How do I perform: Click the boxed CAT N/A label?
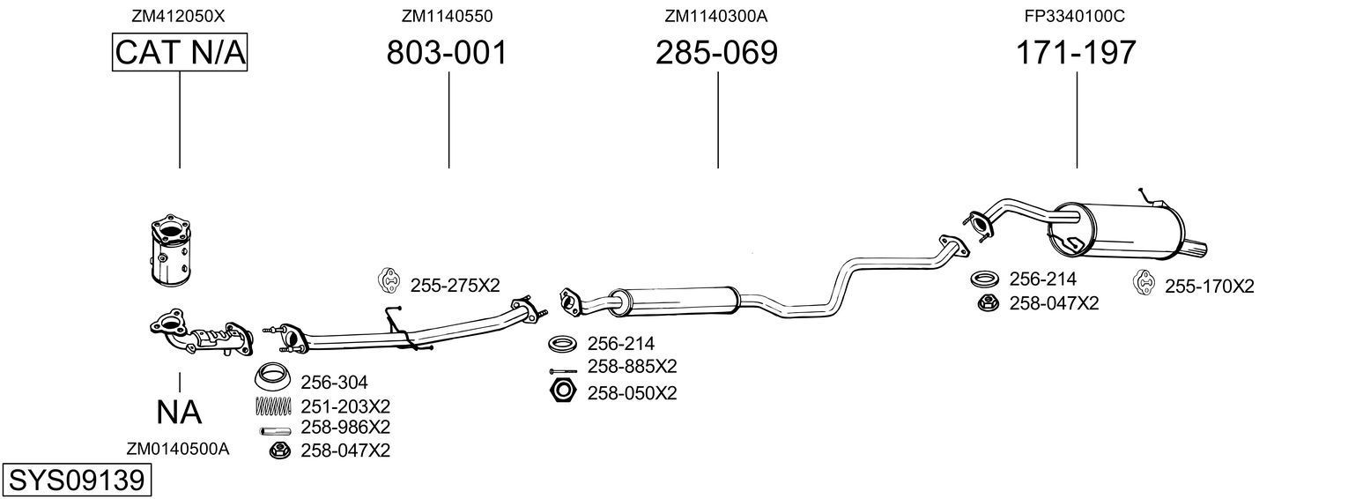click(180, 53)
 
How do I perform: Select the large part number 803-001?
click(448, 53)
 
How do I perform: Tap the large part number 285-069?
click(716, 53)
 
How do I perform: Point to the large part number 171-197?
click(1076, 53)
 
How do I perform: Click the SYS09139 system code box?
click(76, 480)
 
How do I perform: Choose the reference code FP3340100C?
click(1075, 16)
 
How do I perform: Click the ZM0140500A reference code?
click(178, 449)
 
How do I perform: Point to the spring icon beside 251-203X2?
click(273, 406)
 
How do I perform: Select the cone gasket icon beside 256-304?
click(274, 378)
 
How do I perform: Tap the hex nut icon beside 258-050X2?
click(561, 391)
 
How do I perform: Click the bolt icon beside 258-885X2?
click(562, 370)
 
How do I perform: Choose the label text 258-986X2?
click(345, 428)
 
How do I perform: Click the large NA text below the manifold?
click(179, 412)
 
